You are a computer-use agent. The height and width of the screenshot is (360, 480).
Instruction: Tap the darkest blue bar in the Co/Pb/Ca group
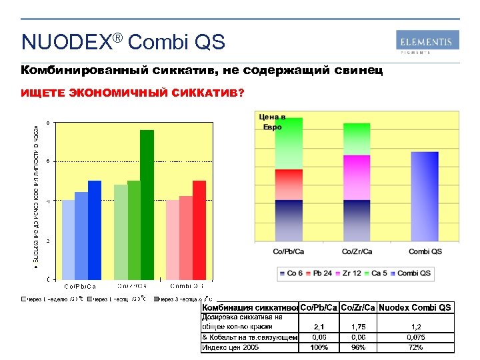(x=95, y=229)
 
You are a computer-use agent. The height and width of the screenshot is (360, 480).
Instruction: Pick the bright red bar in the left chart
(x=199, y=229)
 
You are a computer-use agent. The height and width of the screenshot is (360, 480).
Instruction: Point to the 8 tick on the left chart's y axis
(x=48, y=122)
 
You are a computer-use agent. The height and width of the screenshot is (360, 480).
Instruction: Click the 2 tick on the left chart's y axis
(x=48, y=241)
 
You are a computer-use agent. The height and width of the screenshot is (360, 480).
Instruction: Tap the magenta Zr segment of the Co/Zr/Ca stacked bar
(x=356, y=177)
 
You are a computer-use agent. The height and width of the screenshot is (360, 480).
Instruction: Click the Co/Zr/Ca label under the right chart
(x=356, y=251)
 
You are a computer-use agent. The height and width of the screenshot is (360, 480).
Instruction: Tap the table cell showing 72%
(x=417, y=347)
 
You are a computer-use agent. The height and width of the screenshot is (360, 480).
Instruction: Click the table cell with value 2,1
(x=319, y=327)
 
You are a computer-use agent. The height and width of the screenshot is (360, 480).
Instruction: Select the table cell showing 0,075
(x=417, y=337)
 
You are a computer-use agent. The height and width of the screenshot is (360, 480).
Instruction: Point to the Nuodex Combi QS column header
(x=415, y=307)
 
